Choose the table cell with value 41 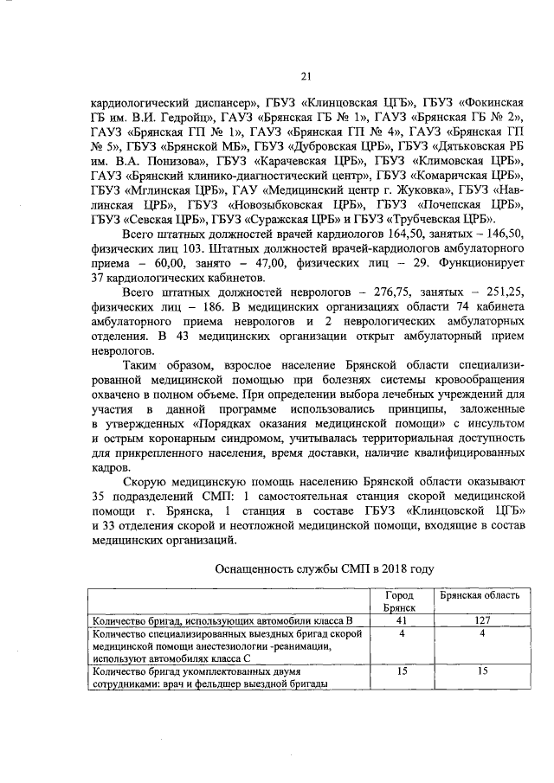400,620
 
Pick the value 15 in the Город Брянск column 400,670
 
